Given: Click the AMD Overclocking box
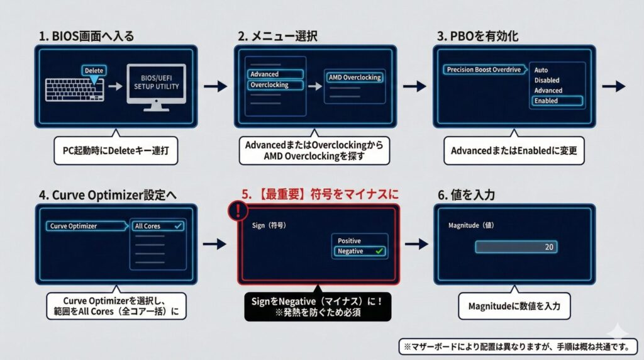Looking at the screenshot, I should pyautogui.click(x=355, y=77).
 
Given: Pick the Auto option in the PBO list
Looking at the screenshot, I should pyautogui.click(x=541, y=70).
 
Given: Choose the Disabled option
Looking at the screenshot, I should pyautogui.click(x=547, y=81).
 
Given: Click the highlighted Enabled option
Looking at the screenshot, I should pyautogui.click(x=556, y=101).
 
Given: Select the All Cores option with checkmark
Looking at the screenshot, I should pyautogui.click(x=157, y=226).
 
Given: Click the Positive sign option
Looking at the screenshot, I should pyautogui.click(x=350, y=241).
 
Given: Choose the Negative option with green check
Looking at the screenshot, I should pyautogui.click(x=360, y=251).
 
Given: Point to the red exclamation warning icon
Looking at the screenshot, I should pyautogui.click(x=238, y=211).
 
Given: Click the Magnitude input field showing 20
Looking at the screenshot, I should pyautogui.click(x=516, y=247).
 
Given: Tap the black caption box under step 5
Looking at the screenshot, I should pyautogui.click(x=318, y=307).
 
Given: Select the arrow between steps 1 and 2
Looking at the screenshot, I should pyautogui.click(x=215, y=86).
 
